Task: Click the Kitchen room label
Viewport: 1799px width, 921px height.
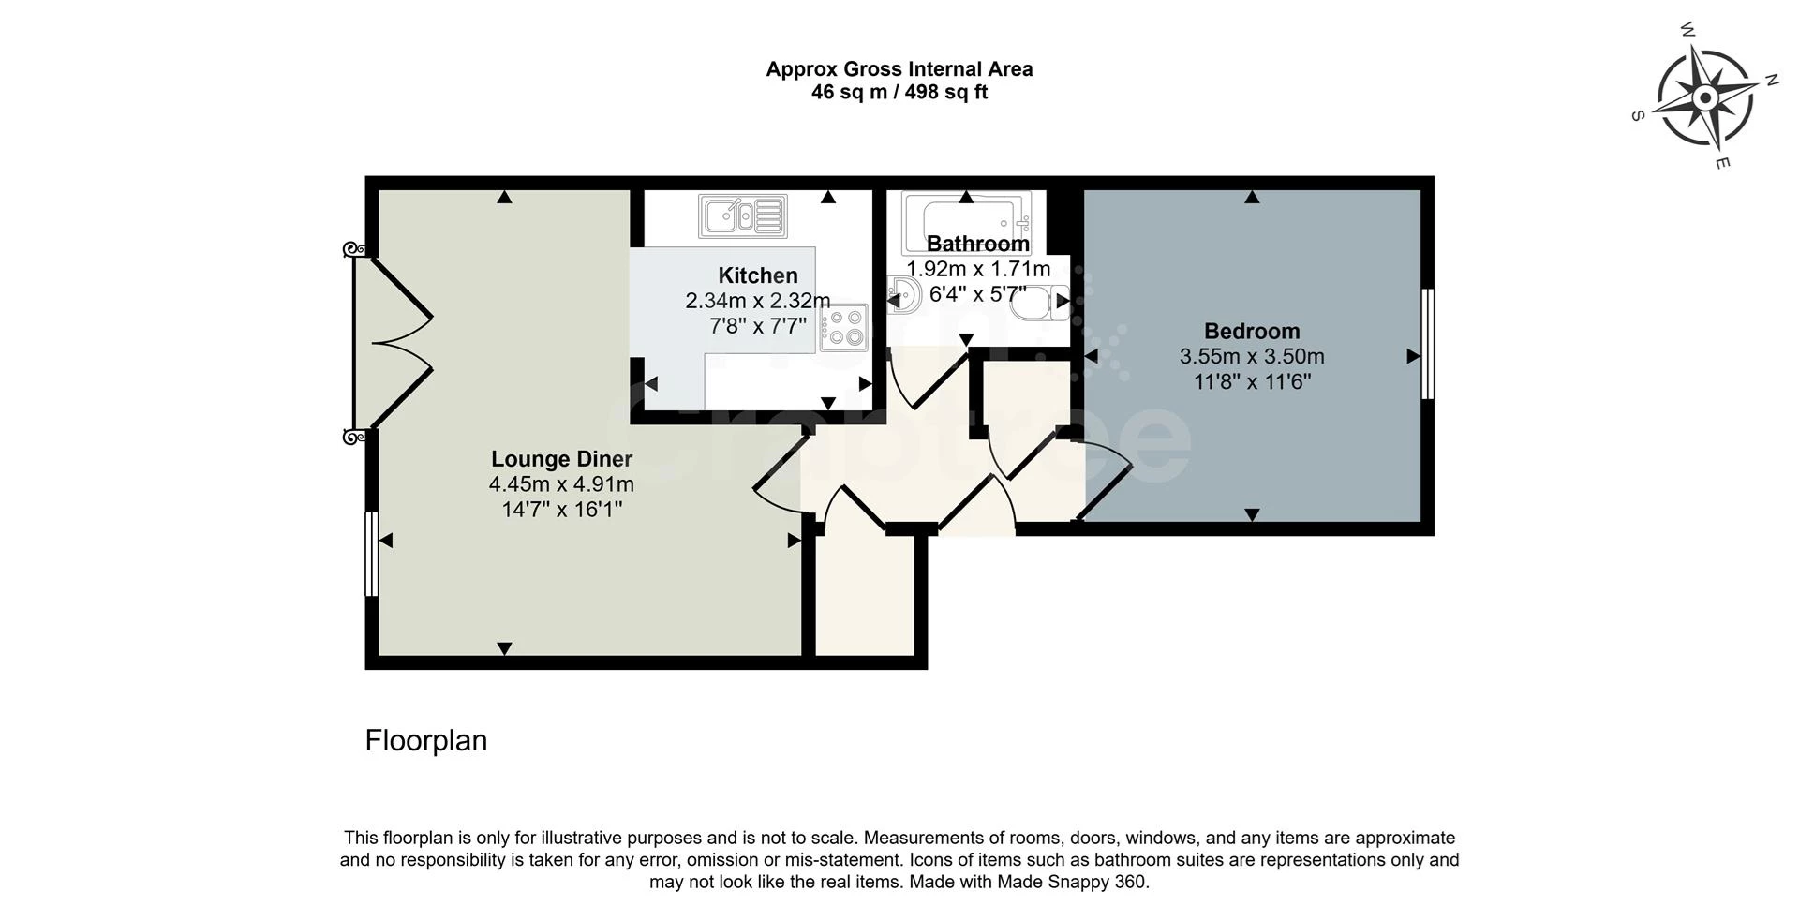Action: (x=758, y=275)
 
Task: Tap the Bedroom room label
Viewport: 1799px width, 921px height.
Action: (x=1252, y=331)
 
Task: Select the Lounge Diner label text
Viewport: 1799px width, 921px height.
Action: (x=562, y=459)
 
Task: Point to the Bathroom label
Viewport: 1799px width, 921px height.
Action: (x=978, y=244)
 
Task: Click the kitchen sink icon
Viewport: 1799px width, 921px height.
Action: (x=742, y=215)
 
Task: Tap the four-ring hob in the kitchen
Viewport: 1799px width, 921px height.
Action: (x=843, y=328)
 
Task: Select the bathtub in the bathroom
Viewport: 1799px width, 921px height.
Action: (x=966, y=223)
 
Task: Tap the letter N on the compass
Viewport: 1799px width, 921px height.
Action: (x=1772, y=80)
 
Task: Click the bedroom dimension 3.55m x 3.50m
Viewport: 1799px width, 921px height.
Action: (x=1252, y=356)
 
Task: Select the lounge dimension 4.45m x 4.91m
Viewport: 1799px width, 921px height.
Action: (x=561, y=484)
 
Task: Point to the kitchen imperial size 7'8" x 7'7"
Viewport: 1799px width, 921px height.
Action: (x=758, y=326)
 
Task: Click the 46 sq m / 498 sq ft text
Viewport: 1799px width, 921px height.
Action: (x=899, y=92)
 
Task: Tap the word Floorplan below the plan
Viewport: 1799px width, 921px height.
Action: (x=426, y=740)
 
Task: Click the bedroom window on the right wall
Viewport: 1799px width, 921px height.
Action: (x=1428, y=344)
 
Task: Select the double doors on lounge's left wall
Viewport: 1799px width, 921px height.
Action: (x=392, y=343)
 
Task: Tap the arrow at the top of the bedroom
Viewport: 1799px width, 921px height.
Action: (x=1252, y=197)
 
